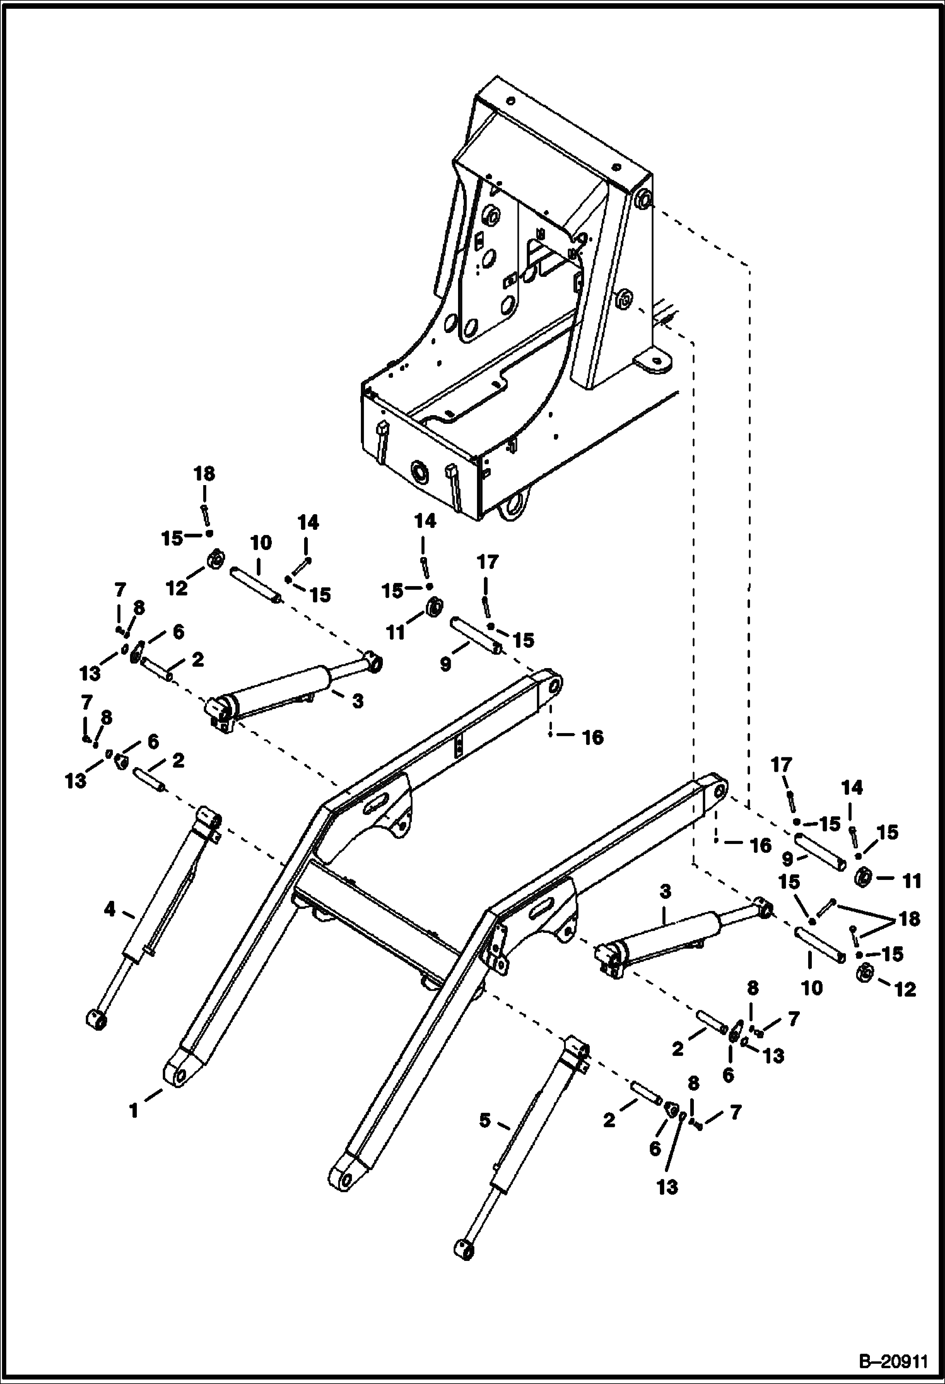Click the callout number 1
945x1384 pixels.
coord(134,1110)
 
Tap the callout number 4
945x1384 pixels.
coord(110,909)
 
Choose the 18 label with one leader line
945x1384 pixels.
coord(204,474)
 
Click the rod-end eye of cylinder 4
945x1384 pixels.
coord(97,1017)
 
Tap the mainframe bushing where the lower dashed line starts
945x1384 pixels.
coord(623,302)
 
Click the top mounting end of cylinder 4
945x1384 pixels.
coord(210,819)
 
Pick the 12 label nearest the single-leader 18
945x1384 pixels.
coord(177,588)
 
